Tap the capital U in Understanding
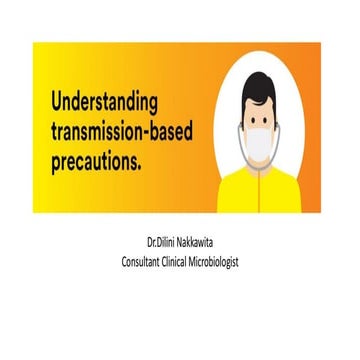[x=54, y=102]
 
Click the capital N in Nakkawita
[x=190, y=243]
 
